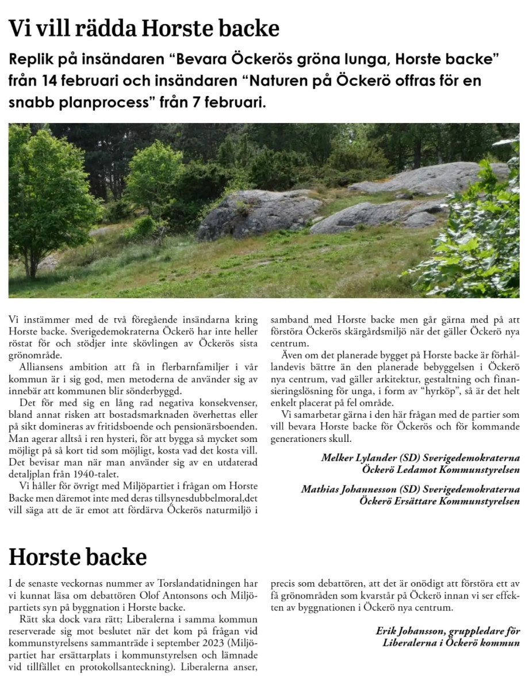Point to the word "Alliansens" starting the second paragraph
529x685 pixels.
41,366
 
